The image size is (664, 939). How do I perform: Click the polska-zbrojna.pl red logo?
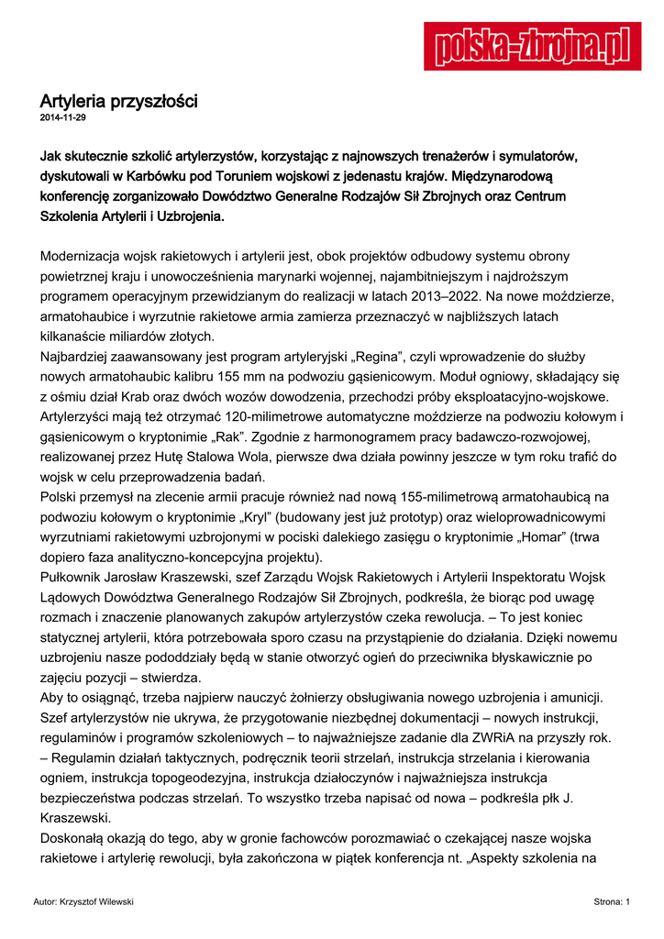point(532,46)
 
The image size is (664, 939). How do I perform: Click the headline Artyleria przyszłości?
point(118,101)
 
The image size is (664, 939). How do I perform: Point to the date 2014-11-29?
point(62,118)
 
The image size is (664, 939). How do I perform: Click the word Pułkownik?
point(76,578)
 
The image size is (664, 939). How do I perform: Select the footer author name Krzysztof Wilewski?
point(97,903)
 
